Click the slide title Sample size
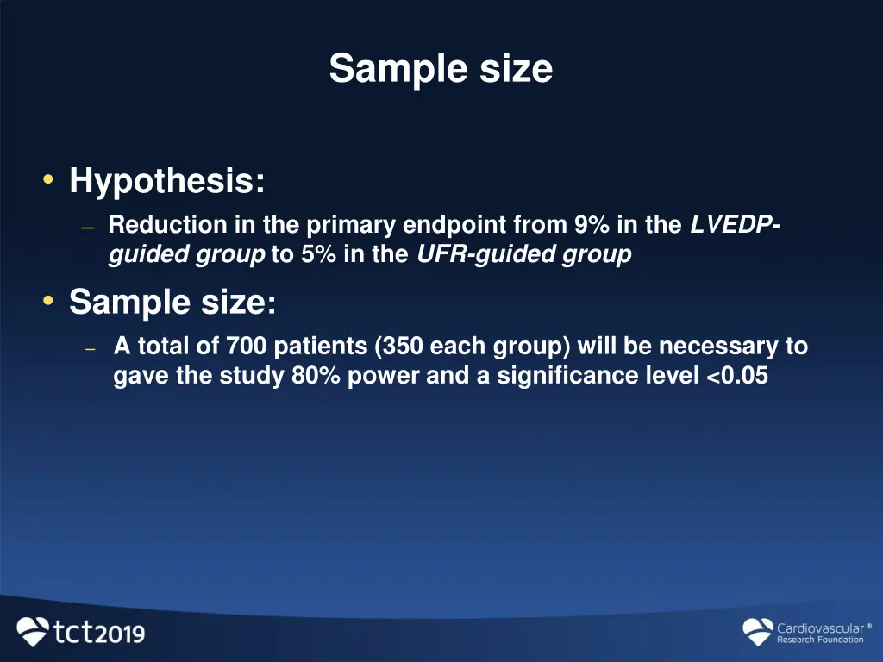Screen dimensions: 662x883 [x=441, y=68]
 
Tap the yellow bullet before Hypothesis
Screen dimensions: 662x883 [x=48, y=179]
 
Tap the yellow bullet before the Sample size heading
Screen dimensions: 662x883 [x=48, y=300]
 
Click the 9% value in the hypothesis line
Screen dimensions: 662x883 [x=592, y=226]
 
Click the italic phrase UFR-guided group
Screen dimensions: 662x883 [x=523, y=255]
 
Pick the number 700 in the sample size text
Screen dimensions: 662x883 [x=244, y=347]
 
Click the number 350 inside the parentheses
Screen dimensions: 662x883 [x=403, y=347]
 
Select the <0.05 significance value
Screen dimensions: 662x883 [x=736, y=377]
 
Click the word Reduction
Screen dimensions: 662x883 [x=168, y=226]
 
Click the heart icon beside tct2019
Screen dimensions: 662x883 [x=34, y=632]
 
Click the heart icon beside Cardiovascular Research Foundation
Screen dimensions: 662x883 [x=758, y=633]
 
